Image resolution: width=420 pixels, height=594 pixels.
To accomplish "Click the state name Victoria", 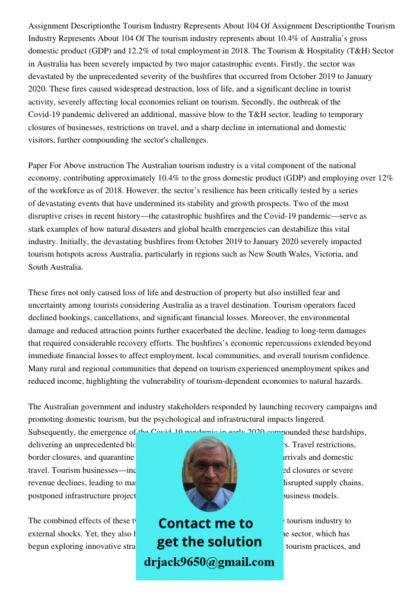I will pos(326,254).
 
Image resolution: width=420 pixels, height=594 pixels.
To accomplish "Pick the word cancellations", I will pos(117,318).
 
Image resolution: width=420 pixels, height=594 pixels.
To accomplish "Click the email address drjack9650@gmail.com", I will pos(209,562).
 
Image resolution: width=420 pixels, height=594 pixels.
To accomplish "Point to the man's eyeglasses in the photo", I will pos(208,467).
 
